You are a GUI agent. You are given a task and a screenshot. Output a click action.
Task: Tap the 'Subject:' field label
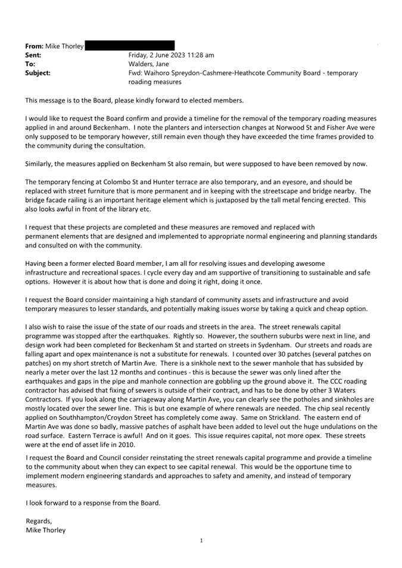(38, 73)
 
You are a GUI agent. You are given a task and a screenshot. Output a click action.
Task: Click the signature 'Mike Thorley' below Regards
(46, 530)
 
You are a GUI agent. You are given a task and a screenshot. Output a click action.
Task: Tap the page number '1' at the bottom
(201, 541)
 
